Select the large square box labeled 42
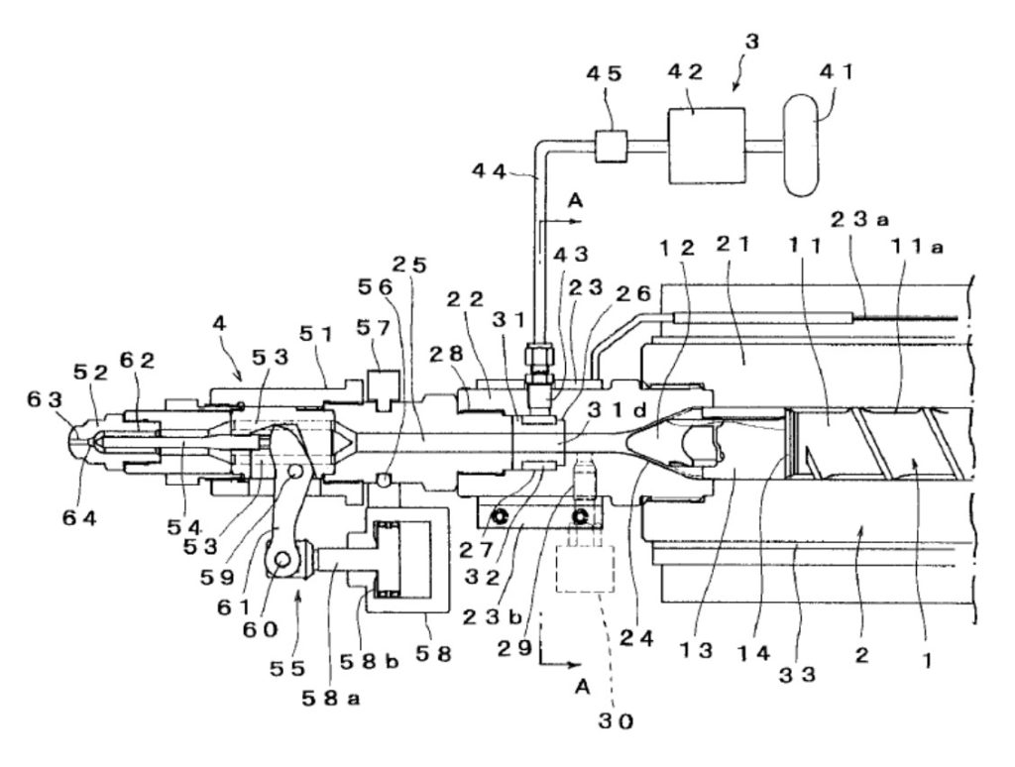click(x=706, y=145)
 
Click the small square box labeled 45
click(x=611, y=146)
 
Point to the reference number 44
click(x=491, y=171)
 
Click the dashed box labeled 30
click(x=585, y=568)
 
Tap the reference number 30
click(x=615, y=720)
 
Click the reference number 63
click(x=44, y=399)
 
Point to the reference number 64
click(x=79, y=517)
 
